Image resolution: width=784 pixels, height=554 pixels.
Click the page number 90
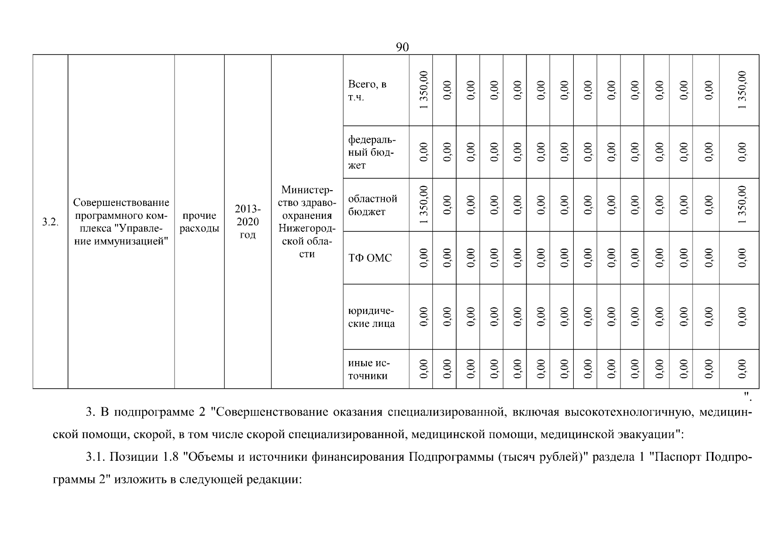click(x=402, y=47)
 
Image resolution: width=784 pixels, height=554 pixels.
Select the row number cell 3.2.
click(x=50, y=222)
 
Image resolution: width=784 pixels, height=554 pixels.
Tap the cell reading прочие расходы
click(x=199, y=222)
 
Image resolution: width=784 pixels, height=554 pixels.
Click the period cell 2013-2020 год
click(x=248, y=222)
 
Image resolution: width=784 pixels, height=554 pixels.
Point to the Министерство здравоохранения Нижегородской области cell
click(x=307, y=222)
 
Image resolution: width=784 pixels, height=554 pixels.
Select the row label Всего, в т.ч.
click(x=367, y=90)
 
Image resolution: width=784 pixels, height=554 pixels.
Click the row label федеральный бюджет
click(x=371, y=152)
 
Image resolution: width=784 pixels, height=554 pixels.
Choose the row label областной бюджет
click(x=372, y=205)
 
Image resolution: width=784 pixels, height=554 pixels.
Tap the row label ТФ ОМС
click(x=370, y=258)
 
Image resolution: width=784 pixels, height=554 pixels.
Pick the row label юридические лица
click(x=371, y=317)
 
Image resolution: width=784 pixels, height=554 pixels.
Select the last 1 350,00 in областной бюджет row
click(x=742, y=205)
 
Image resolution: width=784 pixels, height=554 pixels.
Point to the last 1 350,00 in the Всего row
click(x=742, y=90)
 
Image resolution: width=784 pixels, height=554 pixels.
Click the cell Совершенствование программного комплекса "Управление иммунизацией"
click(x=121, y=222)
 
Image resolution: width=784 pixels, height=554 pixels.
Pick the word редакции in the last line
click(x=273, y=480)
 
